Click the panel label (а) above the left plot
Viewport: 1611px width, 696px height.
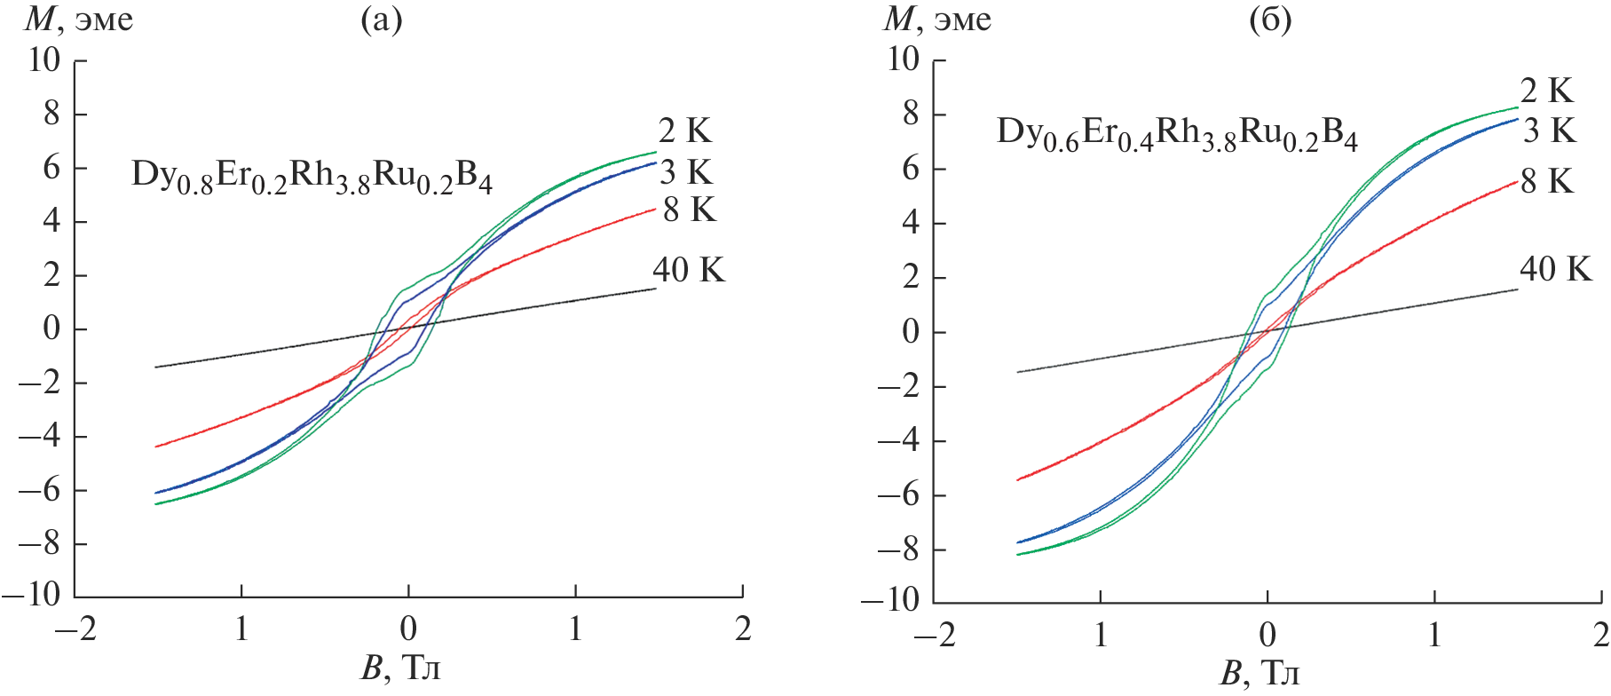(382, 20)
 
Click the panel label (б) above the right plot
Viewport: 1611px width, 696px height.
(1269, 20)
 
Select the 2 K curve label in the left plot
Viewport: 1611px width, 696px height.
(684, 130)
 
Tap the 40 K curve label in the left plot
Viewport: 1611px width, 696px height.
(688, 269)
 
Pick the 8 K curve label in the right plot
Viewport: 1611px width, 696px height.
(1547, 181)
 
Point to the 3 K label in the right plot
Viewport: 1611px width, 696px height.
(1549, 130)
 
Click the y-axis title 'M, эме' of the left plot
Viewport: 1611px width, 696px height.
(79, 20)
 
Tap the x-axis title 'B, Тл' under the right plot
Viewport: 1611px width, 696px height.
(1260, 674)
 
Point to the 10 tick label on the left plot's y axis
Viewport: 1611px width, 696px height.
(44, 60)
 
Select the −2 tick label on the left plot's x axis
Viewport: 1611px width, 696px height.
(75, 629)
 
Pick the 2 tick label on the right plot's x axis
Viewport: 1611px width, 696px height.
(1600, 635)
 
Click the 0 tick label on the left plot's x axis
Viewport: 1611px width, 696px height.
(408, 629)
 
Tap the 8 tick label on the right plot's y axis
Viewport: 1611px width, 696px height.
(911, 115)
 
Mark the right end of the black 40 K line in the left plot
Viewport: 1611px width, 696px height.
(656, 289)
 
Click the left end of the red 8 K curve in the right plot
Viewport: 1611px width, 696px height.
(1017, 480)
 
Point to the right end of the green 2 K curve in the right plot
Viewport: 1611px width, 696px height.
(1518, 107)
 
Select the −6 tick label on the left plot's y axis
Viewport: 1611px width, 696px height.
(44, 491)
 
